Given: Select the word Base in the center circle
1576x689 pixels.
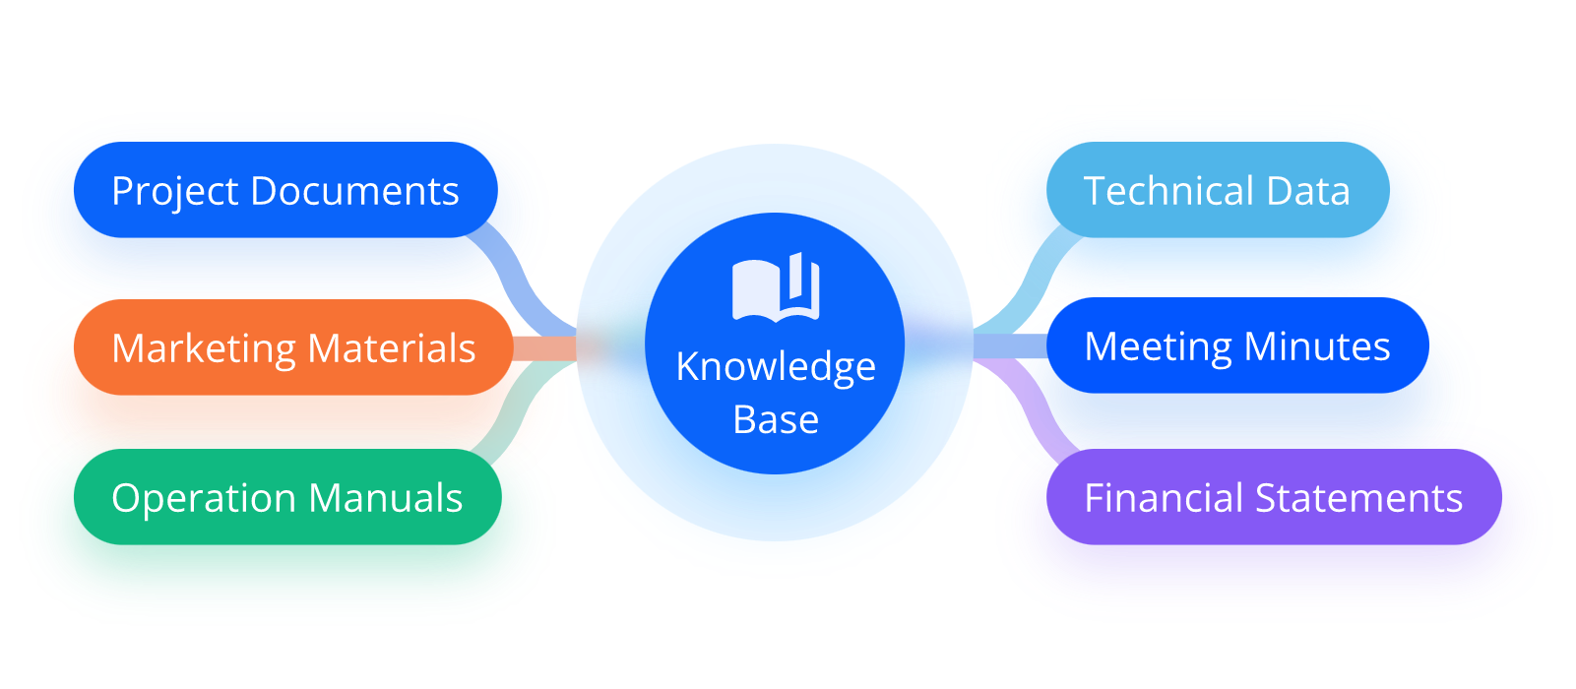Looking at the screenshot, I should coord(776,420).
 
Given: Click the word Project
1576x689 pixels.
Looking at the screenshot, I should coord(175,192).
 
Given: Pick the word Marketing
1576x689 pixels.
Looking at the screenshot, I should coord(204,349).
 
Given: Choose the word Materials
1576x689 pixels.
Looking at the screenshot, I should coord(392,348).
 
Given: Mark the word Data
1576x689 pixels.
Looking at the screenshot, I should coord(1308,191).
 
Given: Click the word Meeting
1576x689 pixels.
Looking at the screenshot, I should coord(1158,347).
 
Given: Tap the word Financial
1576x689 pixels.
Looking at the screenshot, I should coord(1162,498).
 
